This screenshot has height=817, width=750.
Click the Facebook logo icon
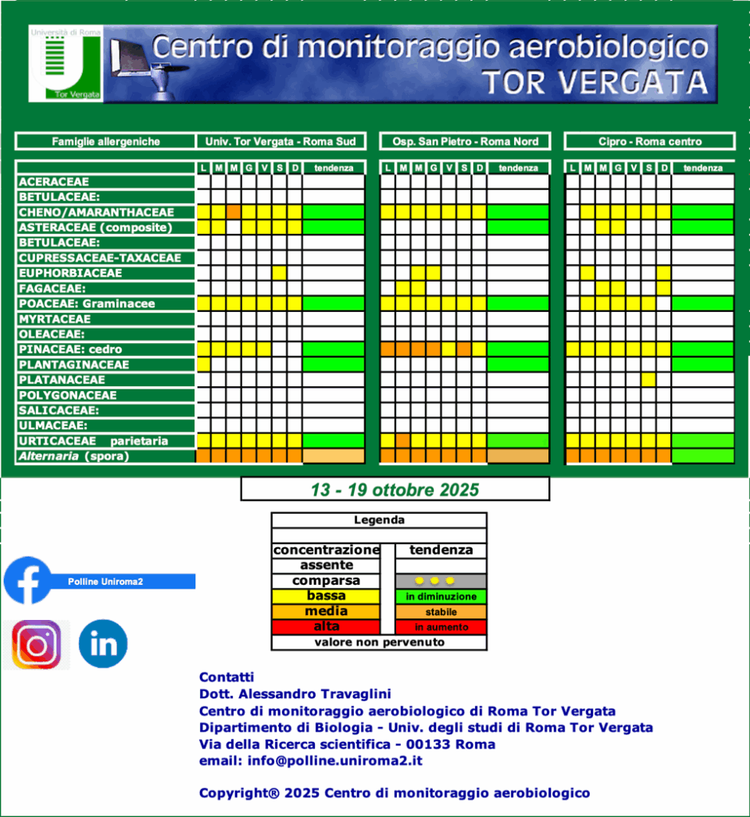coord(28,580)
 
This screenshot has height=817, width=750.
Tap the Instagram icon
coord(36,644)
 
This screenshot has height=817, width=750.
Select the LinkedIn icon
coord(103,644)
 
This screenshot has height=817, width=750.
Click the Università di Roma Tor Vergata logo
coord(65,64)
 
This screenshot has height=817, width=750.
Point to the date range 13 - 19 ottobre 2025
coord(395,488)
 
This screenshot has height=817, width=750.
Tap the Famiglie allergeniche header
coord(105,141)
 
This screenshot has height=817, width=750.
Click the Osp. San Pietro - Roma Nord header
coord(465,141)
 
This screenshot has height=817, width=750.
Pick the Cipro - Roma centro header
coord(650,141)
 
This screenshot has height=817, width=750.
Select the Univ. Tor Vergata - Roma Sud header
coord(281,141)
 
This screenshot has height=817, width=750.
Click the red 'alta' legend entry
coord(326,627)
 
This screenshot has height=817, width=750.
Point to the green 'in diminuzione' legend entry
coord(441,597)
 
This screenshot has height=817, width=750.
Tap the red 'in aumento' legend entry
coord(441,627)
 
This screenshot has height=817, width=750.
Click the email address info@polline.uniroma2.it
coord(310,760)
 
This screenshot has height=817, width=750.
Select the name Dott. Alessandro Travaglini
coord(295,694)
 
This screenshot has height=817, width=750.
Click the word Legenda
coord(379,520)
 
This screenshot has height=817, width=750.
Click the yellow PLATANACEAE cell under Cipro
coord(648,380)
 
